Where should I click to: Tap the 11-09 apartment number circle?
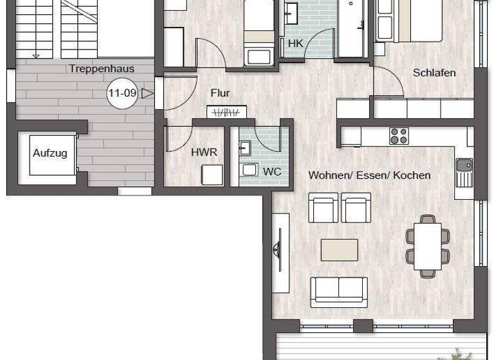[x=122, y=93]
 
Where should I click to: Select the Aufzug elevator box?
[x=50, y=154]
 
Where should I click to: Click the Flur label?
[x=220, y=93]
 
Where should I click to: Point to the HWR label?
[x=203, y=152]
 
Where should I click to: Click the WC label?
[x=272, y=172]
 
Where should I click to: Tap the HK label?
[x=295, y=44]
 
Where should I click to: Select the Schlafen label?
[x=434, y=73]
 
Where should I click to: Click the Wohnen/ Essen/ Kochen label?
[x=369, y=175]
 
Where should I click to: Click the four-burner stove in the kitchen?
[x=399, y=136]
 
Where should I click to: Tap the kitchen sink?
[x=464, y=170]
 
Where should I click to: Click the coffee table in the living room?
[x=339, y=249]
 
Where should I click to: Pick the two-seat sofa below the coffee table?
[x=339, y=291]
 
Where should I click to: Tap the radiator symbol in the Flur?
[x=226, y=112]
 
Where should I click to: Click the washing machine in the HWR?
[x=212, y=175]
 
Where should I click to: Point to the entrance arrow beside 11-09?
[x=147, y=93]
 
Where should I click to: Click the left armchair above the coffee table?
[x=323, y=207]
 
